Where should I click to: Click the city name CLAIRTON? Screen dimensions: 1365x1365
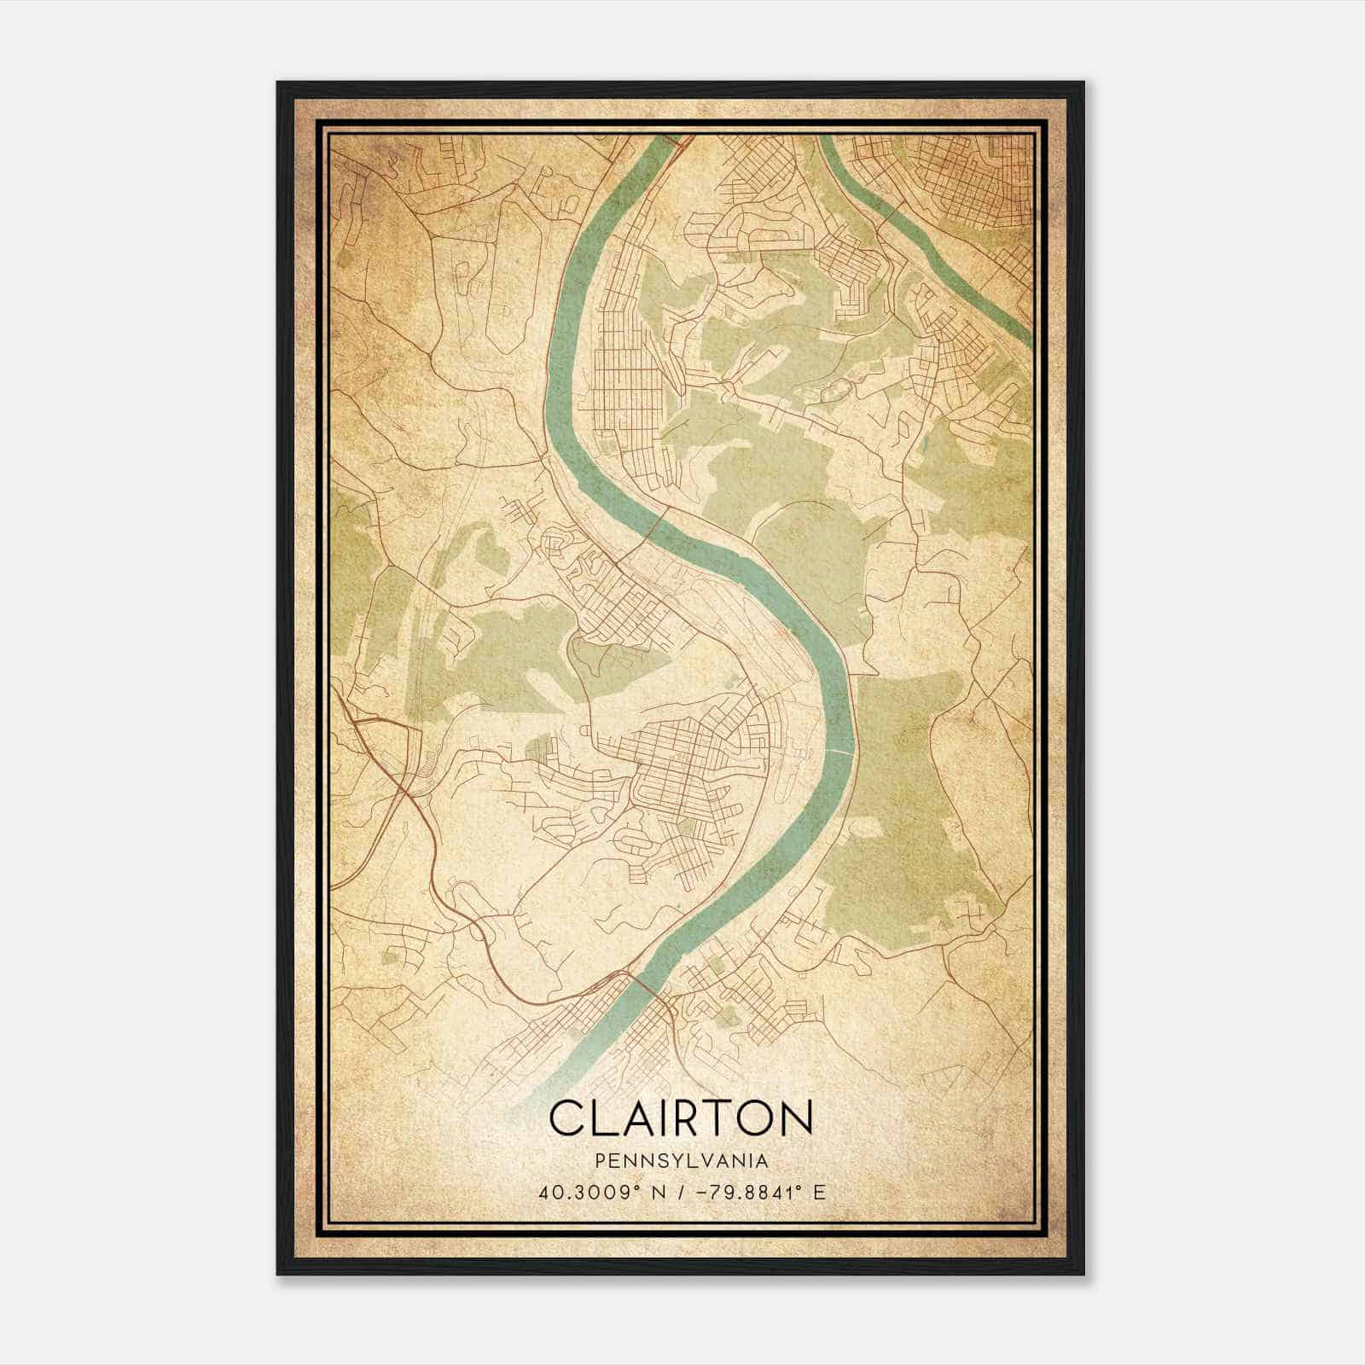[x=681, y=1118]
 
